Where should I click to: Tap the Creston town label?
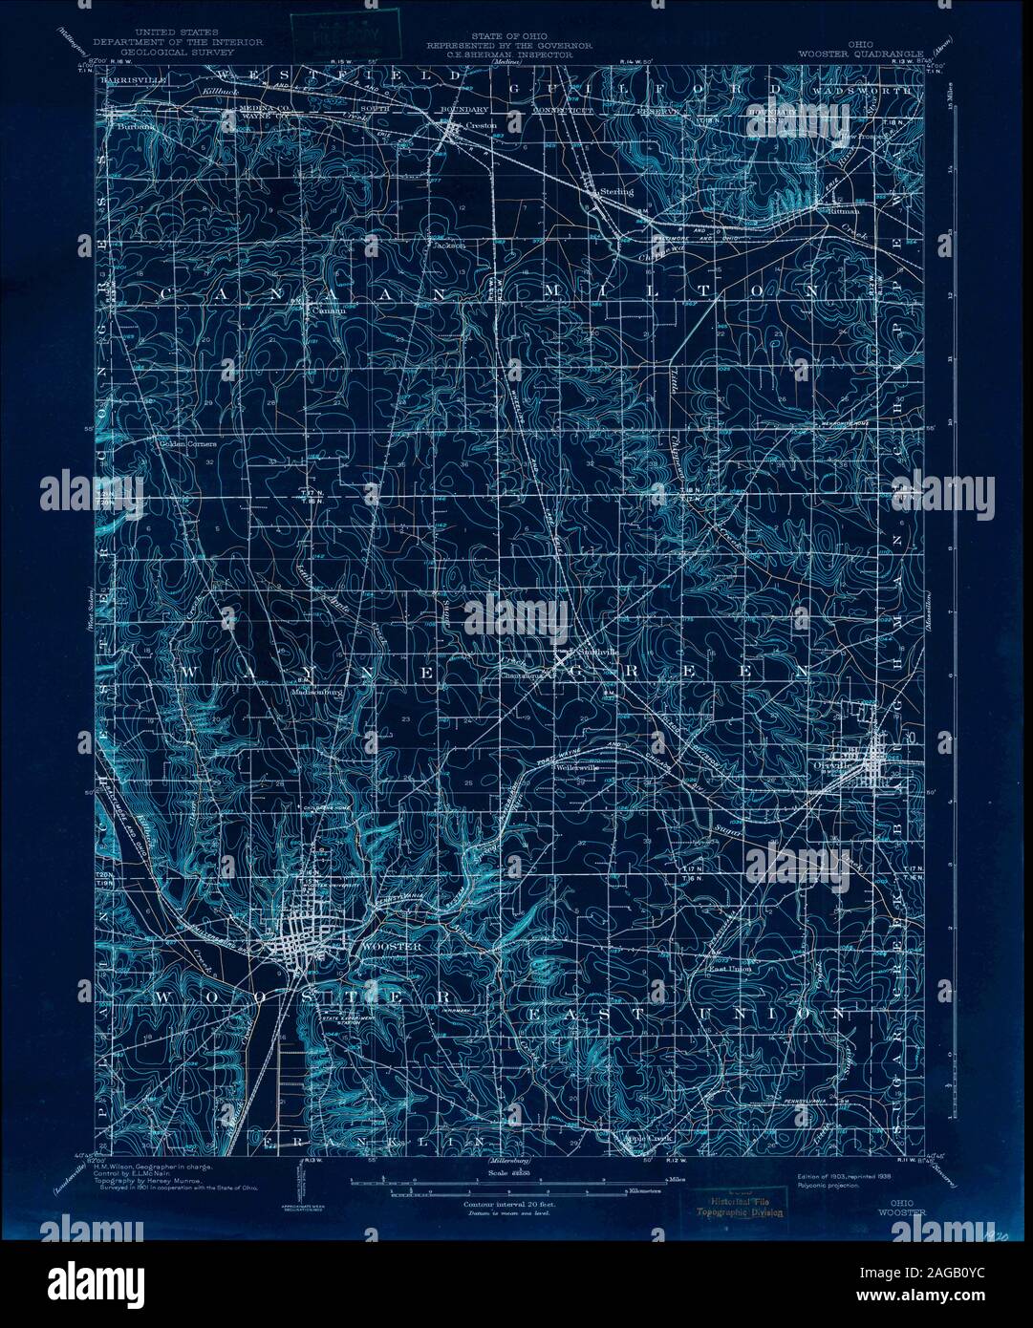coord(477,125)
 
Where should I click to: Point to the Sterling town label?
coord(617,191)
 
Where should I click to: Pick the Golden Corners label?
coord(188,443)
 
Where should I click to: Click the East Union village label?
coord(728,968)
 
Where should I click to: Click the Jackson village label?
coord(448,245)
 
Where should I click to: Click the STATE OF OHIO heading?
coord(500,36)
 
